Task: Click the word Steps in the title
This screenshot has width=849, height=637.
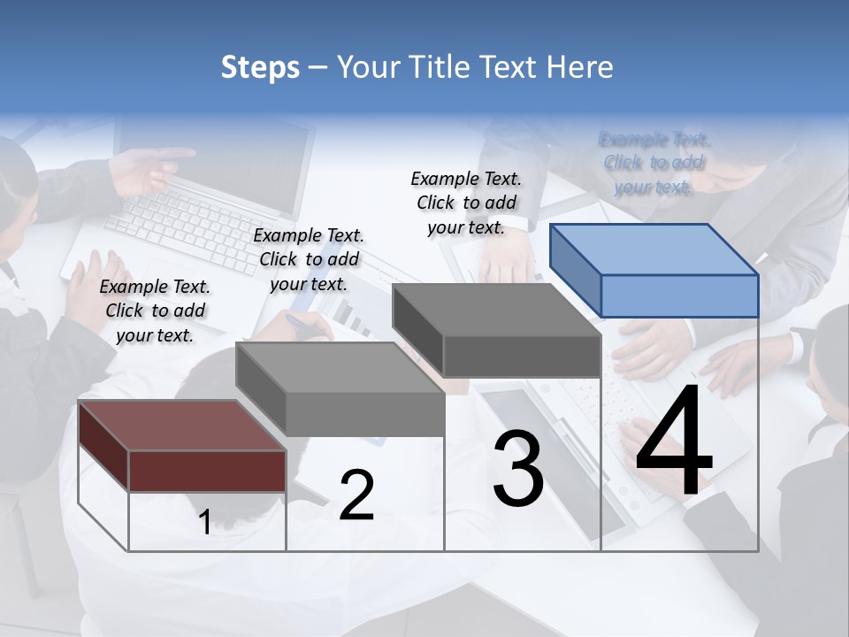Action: pyautogui.click(x=260, y=67)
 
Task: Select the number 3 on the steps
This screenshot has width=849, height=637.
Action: pyautogui.click(x=518, y=469)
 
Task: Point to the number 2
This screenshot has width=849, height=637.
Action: pyautogui.click(x=356, y=495)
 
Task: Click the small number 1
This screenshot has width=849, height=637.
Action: pyautogui.click(x=204, y=522)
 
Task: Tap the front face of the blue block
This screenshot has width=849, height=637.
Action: pyautogui.click(x=679, y=295)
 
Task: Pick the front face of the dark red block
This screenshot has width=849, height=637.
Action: pyautogui.click(x=207, y=471)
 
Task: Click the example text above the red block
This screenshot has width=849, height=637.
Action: pyautogui.click(x=155, y=311)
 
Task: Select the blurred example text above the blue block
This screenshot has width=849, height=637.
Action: pyautogui.click(x=654, y=163)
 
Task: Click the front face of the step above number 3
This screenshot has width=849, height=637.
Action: pyautogui.click(x=522, y=357)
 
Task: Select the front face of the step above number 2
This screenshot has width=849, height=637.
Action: pyautogui.click(x=365, y=414)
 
